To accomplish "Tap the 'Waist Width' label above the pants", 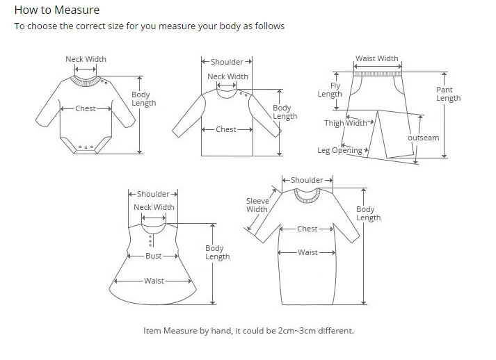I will pyautogui.click(x=377, y=59).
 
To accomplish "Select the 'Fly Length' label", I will pyautogui.click(x=330, y=90).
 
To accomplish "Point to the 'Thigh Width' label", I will pyautogui.click(x=346, y=124).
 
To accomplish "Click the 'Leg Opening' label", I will pyautogui.click(x=339, y=150).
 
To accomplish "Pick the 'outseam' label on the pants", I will pyautogui.click(x=423, y=138).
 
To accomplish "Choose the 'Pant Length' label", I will pyautogui.click(x=448, y=94).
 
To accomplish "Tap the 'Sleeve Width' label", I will pyautogui.click(x=257, y=205).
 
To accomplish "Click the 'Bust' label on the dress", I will pyautogui.click(x=154, y=256).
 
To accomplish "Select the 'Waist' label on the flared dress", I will pyautogui.click(x=154, y=281).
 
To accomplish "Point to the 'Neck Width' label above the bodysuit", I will pyautogui.click(x=86, y=59).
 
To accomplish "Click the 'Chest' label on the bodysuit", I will pyautogui.click(x=86, y=108).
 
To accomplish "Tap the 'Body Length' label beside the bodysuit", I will pyautogui.click(x=143, y=99).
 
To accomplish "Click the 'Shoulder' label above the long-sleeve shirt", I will pyautogui.click(x=227, y=63).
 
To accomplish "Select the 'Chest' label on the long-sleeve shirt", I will pyautogui.click(x=226, y=129).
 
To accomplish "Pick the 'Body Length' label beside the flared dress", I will pyautogui.click(x=217, y=252).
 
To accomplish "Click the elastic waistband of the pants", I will pyautogui.click(x=377, y=70).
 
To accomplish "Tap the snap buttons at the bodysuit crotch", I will pyautogui.click(x=86, y=147).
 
